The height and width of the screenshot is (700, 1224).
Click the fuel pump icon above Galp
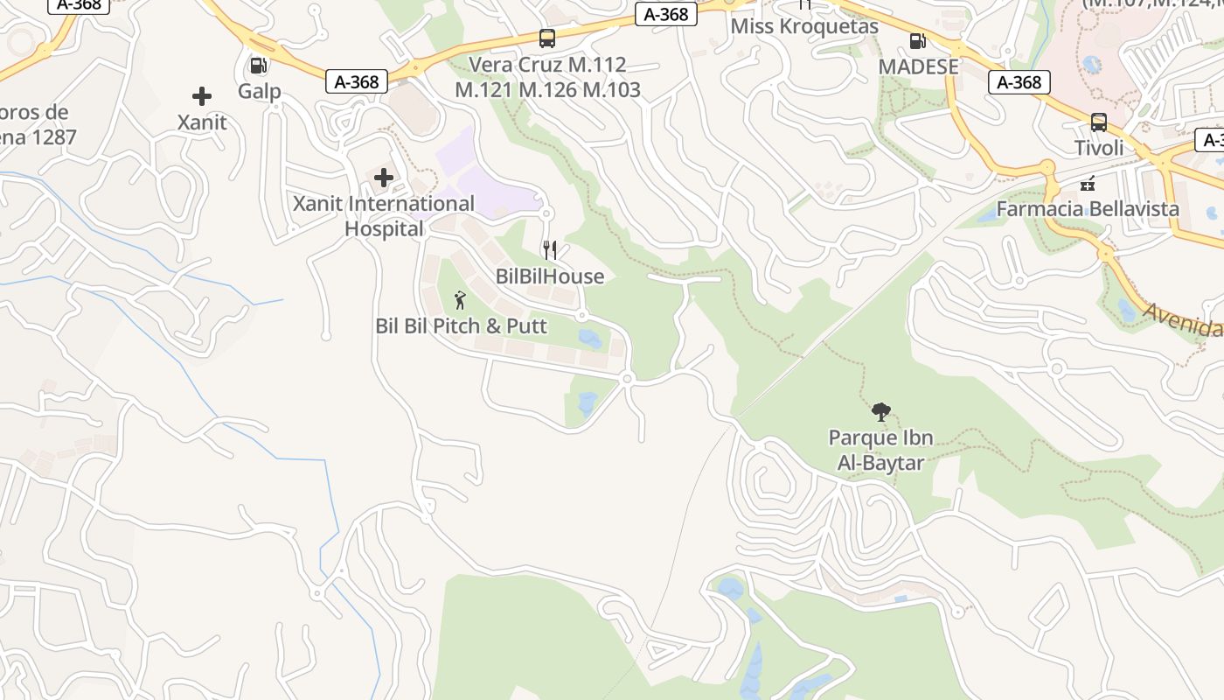pyautogui.click(x=259, y=65)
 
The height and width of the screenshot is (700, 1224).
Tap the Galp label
pyautogui.click(x=260, y=91)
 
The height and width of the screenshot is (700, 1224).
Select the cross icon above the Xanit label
pyautogui.click(x=202, y=96)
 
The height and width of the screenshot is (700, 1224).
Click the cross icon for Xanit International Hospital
pyautogui.click(x=383, y=178)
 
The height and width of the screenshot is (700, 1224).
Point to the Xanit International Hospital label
pyautogui.click(x=384, y=216)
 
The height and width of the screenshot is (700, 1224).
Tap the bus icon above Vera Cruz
pyautogui.click(x=547, y=38)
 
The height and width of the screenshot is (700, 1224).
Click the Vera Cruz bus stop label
pyautogui.click(x=548, y=77)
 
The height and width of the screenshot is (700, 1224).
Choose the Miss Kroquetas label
pyautogui.click(x=804, y=26)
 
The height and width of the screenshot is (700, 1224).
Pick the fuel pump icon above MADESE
pyautogui.click(x=918, y=40)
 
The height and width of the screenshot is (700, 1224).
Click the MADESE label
pyautogui.click(x=918, y=66)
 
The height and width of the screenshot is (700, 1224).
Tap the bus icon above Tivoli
pyautogui.click(x=1099, y=122)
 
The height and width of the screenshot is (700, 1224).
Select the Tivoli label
pyautogui.click(x=1099, y=148)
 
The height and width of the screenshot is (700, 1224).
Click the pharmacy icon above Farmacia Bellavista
pyautogui.click(x=1088, y=184)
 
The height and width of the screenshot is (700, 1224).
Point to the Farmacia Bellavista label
pyautogui.click(x=1088, y=209)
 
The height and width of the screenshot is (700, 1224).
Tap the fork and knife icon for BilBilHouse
pyautogui.click(x=550, y=250)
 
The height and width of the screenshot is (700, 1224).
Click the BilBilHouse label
pyautogui.click(x=550, y=276)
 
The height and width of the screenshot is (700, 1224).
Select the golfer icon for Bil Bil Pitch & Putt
pyautogui.click(x=461, y=300)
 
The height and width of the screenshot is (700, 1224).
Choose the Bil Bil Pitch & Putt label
pyautogui.click(x=461, y=326)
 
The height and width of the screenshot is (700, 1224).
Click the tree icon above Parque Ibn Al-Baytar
pyautogui.click(x=881, y=411)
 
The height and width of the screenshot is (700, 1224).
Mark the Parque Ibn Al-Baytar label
pyautogui.click(x=880, y=450)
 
